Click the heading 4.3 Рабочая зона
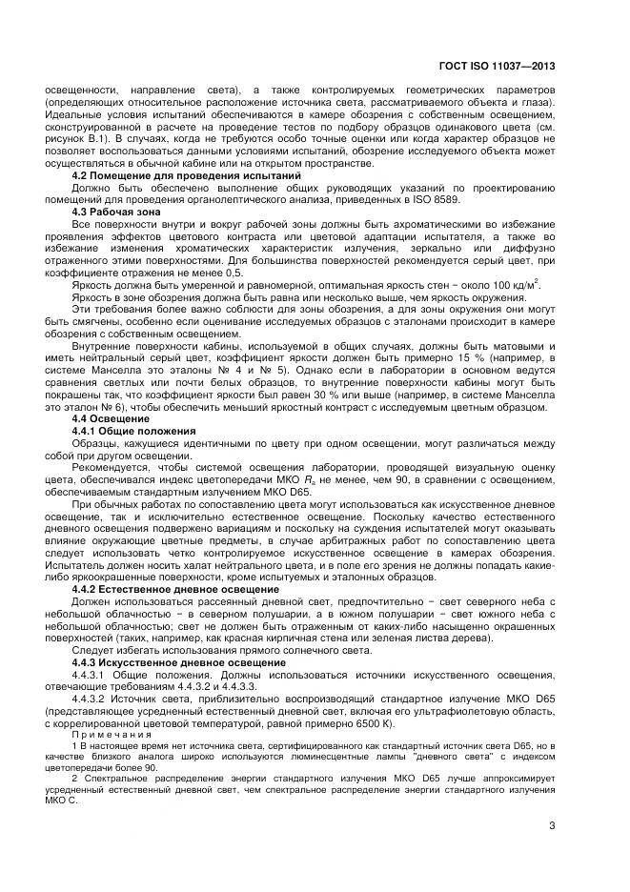pyautogui.click(x=117, y=210)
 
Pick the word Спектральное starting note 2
pyautogui.click(x=119, y=778)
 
